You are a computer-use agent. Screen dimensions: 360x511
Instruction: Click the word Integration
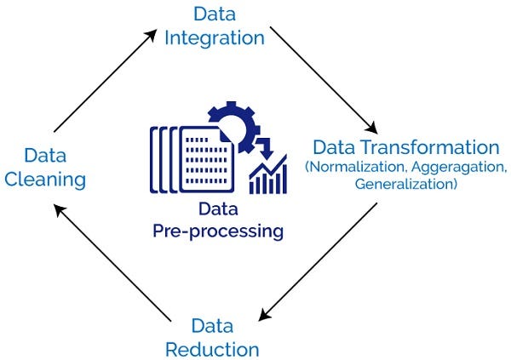coord(215,38)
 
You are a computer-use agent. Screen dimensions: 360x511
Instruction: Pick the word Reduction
coord(212,349)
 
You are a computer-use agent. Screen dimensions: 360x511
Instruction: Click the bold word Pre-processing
coord(217,231)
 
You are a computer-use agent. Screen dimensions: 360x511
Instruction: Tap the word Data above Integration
coord(215,14)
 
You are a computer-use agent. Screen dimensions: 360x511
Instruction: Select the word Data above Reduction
coord(212,325)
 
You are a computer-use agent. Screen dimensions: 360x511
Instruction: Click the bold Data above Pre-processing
coord(218,209)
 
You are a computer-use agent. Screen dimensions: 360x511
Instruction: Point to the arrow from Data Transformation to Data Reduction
coord(319,260)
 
